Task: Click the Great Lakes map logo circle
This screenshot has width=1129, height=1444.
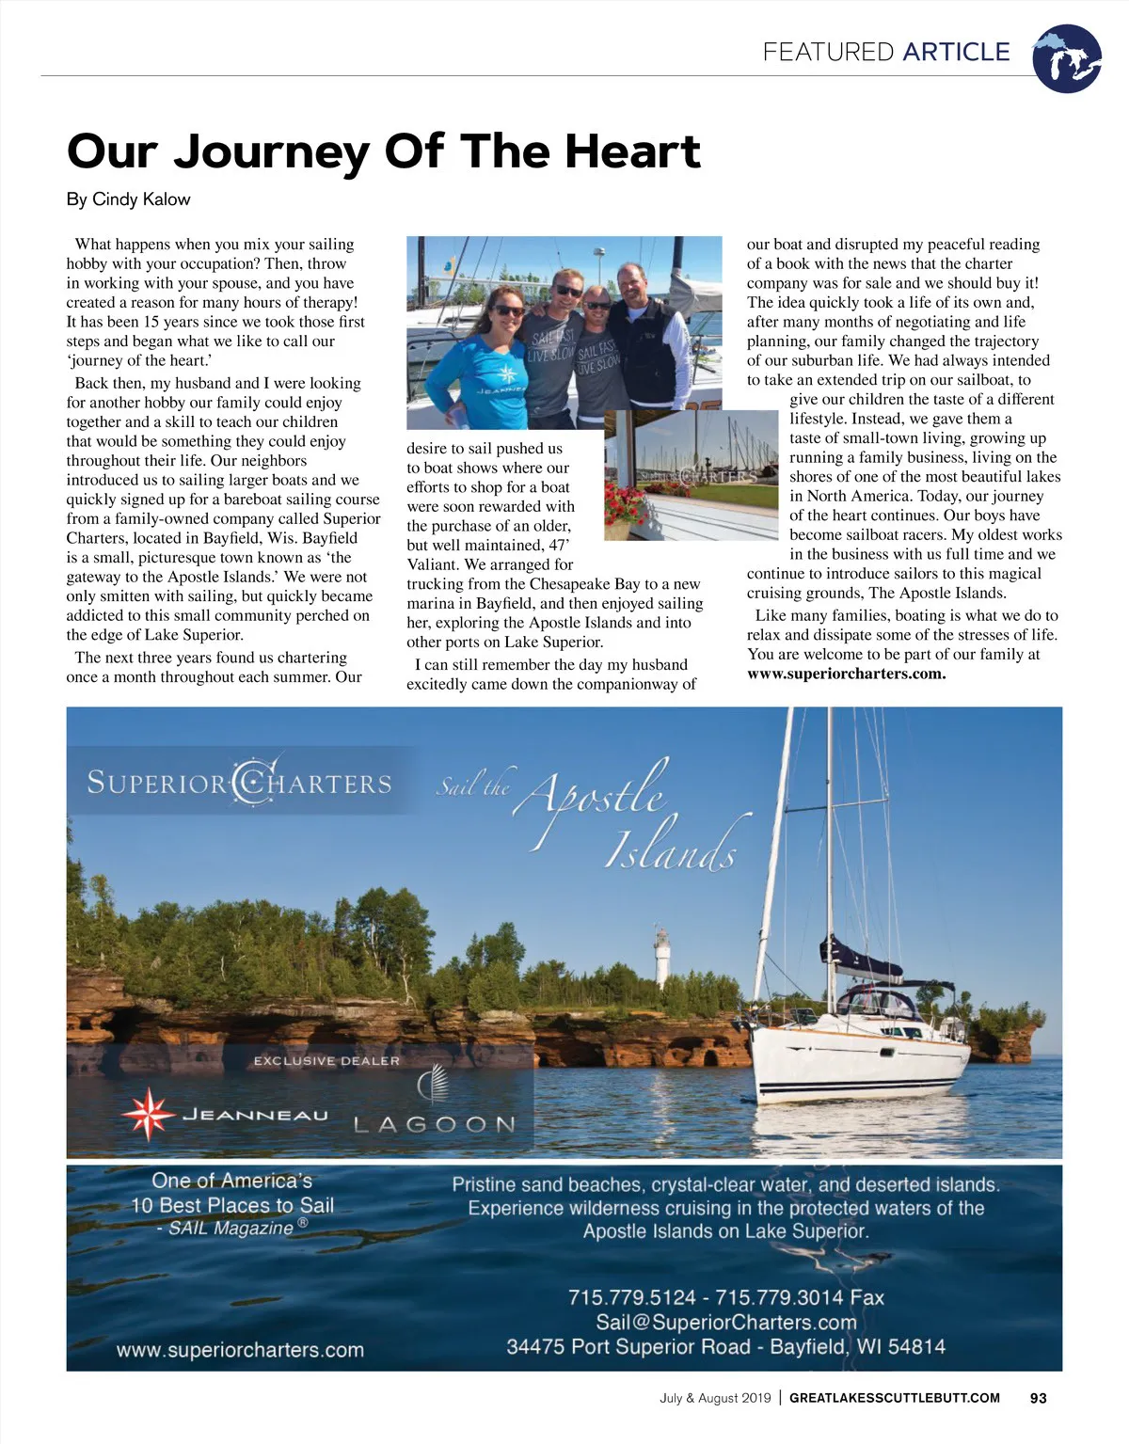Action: (x=1066, y=58)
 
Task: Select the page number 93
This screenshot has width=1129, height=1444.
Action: (x=1038, y=1398)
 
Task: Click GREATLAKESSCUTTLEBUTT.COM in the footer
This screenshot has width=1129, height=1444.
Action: (x=894, y=1398)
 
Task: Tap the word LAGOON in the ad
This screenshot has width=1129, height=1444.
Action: (x=435, y=1124)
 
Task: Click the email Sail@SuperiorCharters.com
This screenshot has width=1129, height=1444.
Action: (x=725, y=1323)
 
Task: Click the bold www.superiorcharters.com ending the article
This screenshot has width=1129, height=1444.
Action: (x=846, y=674)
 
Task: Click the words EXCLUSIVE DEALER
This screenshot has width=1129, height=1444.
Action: (x=326, y=1061)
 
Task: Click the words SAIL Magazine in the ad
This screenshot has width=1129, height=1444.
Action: (x=231, y=1228)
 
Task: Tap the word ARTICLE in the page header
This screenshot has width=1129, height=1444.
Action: (x=956, y=52)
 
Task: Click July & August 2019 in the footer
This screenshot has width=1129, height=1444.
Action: (x=715, y=1398)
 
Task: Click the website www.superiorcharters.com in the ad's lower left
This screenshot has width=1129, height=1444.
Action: (x=240, y=1350)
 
